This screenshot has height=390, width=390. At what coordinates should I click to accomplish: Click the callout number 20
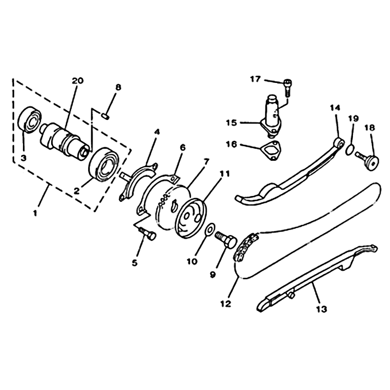point(78,80)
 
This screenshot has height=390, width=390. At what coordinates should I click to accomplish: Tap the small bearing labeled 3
point(30,119)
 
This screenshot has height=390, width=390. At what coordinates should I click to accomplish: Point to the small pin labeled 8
point(105,116)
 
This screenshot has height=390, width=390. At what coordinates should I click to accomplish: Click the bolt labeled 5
point(148,234)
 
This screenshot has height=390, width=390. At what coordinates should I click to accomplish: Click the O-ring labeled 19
point(350,150)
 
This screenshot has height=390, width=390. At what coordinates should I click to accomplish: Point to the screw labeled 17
point(288,87)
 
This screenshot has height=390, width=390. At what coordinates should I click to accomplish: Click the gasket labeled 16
point(271,151)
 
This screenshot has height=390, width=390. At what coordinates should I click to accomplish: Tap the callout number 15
point(231,123)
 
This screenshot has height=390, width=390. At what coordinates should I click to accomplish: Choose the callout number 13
point(321,309)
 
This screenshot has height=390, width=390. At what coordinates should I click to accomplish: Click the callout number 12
point(226,303)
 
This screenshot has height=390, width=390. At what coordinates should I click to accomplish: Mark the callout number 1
point(35,213)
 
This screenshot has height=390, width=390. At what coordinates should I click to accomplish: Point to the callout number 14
point(335,108)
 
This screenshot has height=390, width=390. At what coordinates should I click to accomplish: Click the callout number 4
point(156,132)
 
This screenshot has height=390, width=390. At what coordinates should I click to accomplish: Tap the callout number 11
point(225,174)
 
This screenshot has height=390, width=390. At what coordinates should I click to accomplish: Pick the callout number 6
point(182,148)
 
